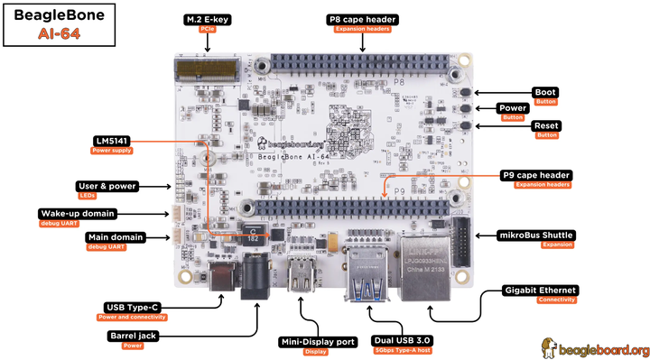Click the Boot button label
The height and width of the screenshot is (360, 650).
544,92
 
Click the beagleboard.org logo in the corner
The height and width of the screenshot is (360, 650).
595,348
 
